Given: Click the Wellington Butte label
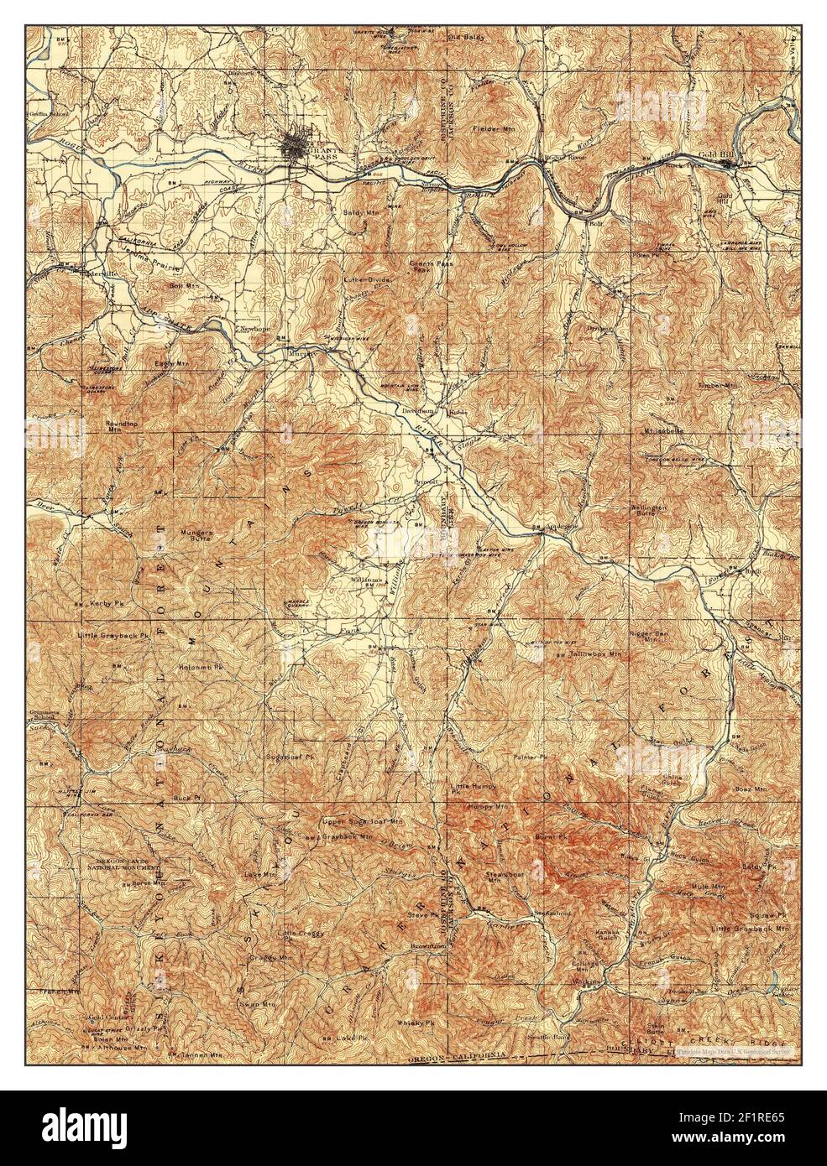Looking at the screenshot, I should [649, 513].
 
